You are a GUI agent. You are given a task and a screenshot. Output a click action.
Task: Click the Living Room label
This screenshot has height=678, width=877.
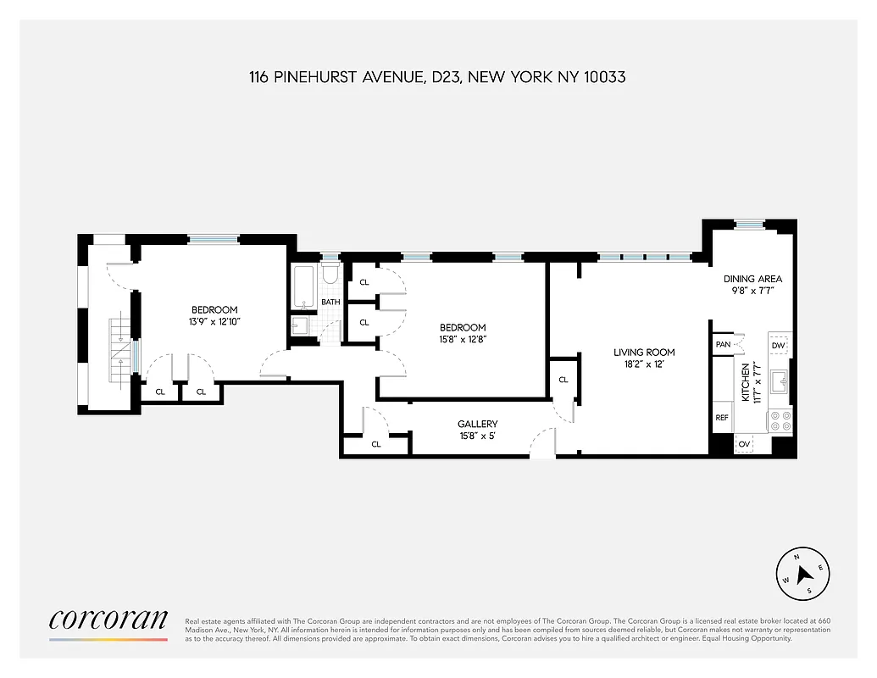click(644, 353)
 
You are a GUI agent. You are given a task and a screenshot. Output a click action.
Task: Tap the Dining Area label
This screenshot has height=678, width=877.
click(752, 279)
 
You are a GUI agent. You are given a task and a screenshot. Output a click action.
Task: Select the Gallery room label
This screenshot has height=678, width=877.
click(477, 424)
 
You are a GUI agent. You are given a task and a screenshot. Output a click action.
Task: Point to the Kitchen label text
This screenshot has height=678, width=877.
click(747, 382)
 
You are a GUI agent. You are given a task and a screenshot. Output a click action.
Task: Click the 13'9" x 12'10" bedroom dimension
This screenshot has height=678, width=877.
click(214, 321)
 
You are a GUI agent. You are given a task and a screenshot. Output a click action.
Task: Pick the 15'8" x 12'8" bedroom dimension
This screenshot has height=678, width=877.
click(462, 339)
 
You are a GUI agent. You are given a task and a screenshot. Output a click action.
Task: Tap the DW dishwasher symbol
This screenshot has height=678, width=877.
click(779, 345)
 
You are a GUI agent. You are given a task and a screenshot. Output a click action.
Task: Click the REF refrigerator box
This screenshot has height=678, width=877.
click(722, 418)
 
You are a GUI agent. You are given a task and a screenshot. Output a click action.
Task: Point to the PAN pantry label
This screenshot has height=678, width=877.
click(723, 344)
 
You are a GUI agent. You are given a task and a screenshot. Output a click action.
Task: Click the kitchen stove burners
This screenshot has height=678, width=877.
click(780, 421)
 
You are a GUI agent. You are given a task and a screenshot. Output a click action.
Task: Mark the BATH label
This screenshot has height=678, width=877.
click(330, 302)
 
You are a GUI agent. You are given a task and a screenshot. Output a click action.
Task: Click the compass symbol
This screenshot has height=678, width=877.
click(802, 574)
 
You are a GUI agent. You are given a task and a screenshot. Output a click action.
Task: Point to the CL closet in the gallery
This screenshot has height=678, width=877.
click(376, 443)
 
